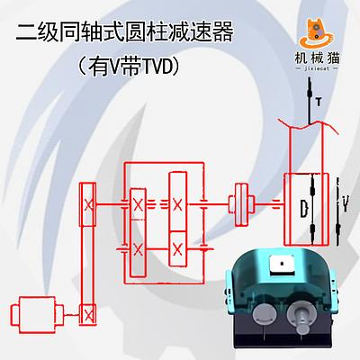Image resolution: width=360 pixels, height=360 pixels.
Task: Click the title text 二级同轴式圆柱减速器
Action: click(124, 32)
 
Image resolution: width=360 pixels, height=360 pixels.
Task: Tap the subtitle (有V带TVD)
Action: click(129, 67)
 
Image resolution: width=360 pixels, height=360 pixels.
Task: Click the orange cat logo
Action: click(317, 33)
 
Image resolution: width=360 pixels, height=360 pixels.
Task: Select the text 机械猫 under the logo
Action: click(317, 58)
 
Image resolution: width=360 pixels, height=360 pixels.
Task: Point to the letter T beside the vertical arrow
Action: click(319, 102)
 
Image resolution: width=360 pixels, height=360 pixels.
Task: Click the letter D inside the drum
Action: click(304, 208)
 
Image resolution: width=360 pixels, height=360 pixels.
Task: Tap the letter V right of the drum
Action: click(346, 203)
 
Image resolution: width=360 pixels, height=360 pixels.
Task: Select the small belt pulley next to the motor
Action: click(87, 314)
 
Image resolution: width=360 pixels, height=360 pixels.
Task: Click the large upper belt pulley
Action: click(87, 204)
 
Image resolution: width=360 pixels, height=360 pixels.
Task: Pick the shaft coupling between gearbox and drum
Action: click(241, 204)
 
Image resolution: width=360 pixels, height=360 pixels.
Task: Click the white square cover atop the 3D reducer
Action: click(282, 264)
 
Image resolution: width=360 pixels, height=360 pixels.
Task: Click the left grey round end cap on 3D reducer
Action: click(265, 315)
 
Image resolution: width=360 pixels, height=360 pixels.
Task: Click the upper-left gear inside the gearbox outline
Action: click(138, 204)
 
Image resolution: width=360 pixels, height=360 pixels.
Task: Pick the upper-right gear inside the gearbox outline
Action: click(177, 202)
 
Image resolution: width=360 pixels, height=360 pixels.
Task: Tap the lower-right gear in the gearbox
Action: click(177, 249)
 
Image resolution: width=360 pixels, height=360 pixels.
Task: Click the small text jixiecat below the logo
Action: click(317, 68)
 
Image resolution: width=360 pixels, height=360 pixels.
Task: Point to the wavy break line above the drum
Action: click(309, 125)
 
